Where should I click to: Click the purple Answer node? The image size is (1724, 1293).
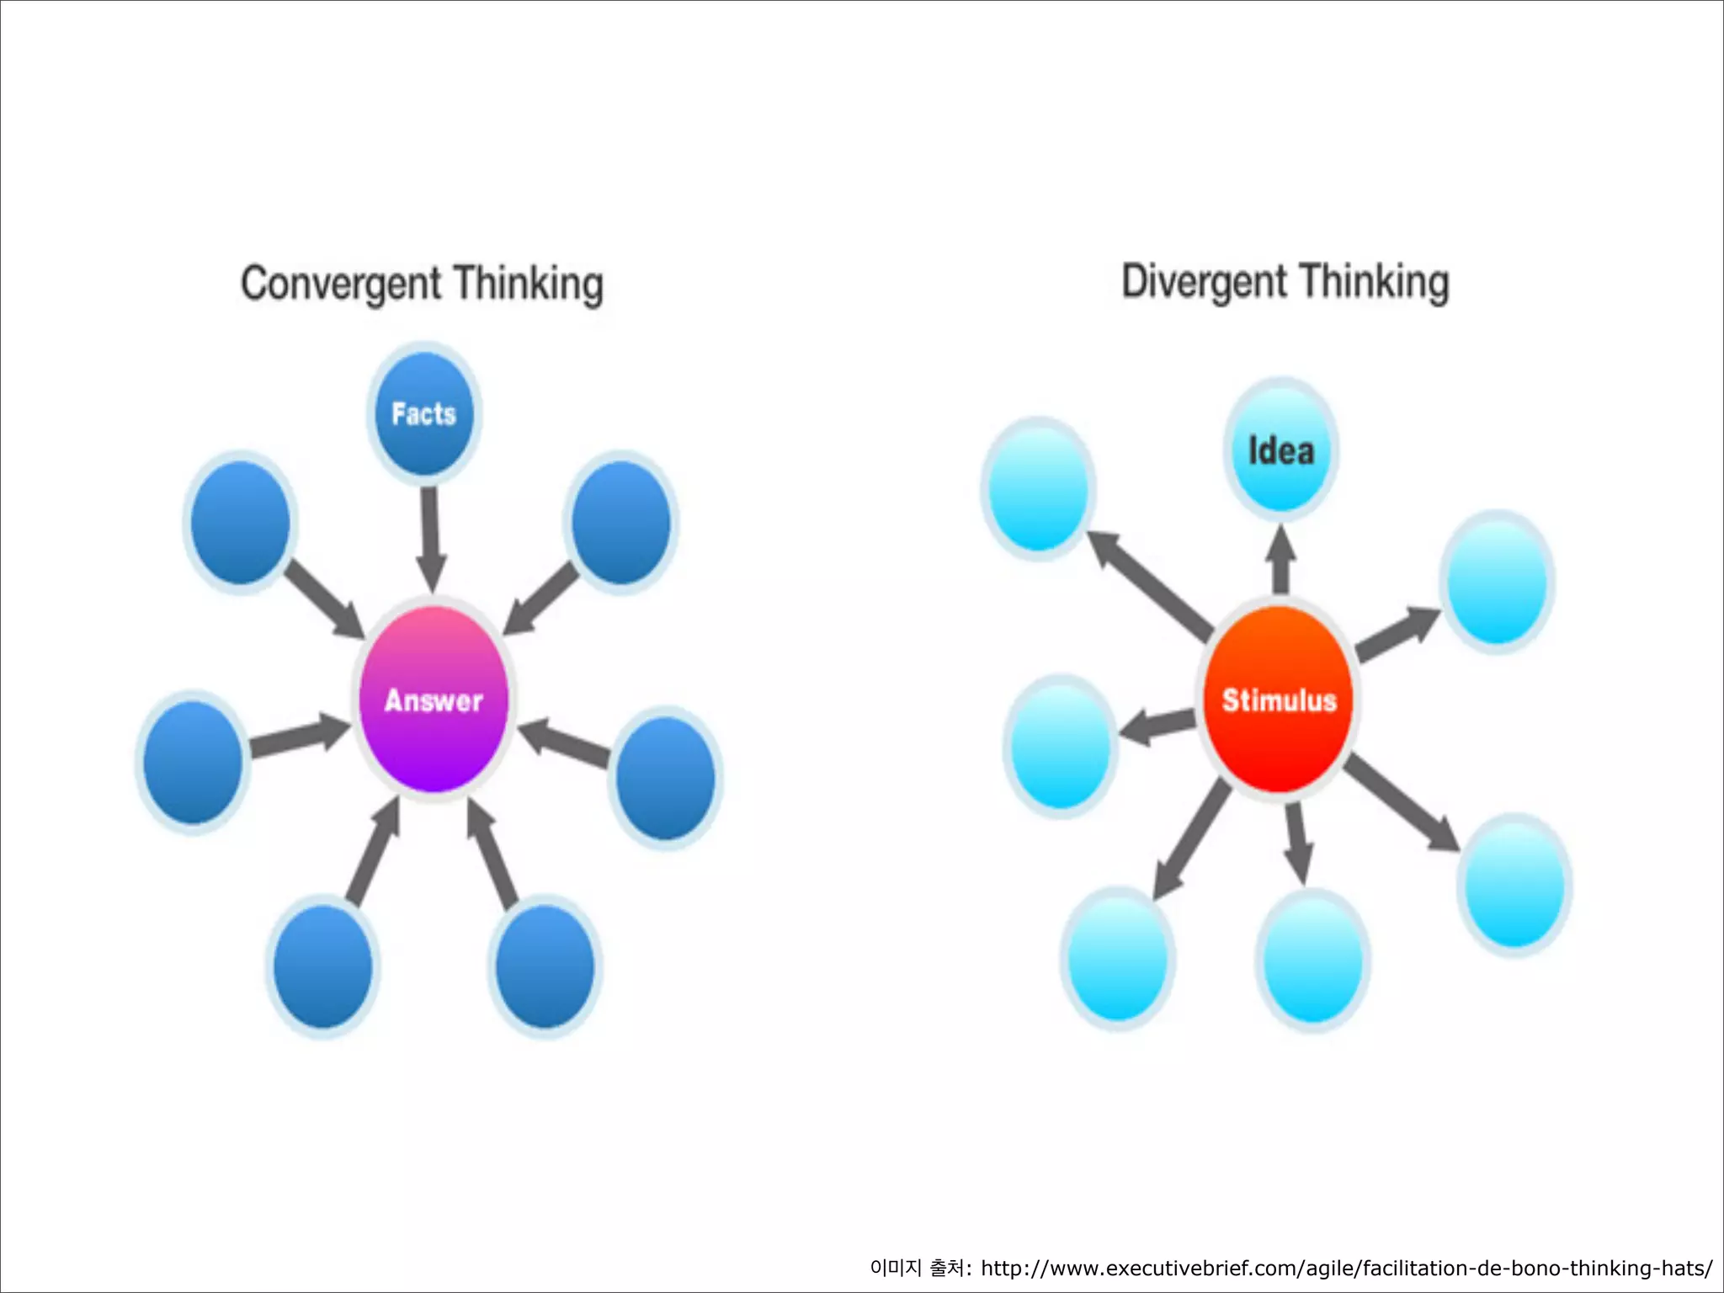[434, 699]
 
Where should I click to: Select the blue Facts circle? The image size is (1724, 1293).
[424, 413]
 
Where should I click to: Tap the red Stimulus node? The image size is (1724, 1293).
[1279, 699]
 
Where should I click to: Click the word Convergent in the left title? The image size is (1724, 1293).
[341, 284]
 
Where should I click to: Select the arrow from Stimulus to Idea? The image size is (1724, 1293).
[1281, 559]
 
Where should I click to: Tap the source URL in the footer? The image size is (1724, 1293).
[1346, 1268]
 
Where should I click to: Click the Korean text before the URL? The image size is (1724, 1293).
[919, 1268]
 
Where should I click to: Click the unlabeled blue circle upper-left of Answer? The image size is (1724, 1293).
[240, 523]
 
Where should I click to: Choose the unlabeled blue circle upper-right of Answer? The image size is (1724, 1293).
[621, 523]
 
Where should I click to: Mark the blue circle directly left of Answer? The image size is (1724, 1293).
[193, 762]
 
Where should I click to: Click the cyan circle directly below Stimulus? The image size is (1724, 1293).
[1312, 960]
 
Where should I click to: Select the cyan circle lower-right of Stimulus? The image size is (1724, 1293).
[1514, 885]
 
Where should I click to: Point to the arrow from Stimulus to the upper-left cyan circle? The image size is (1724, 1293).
[1150, 584]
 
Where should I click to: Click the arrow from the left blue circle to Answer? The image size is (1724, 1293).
[299, 736]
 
